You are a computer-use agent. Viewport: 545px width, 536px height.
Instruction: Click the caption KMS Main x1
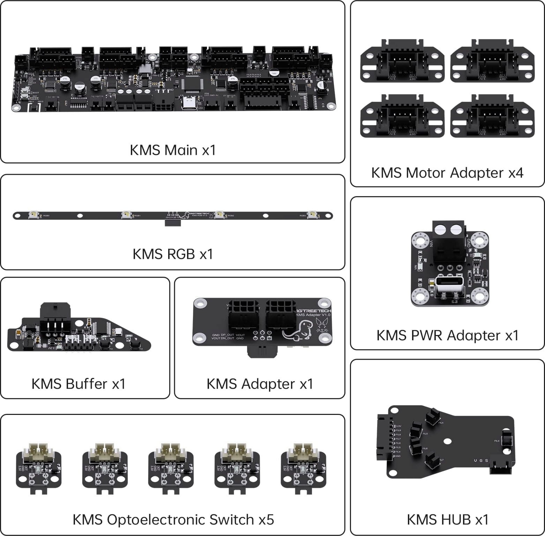pos(173,150)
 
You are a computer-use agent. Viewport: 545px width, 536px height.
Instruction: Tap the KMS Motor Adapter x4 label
pos(447,173)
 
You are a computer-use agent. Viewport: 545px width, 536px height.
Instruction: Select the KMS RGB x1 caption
pos(173,254)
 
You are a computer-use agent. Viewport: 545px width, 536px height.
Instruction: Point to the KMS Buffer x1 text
pos(79,384)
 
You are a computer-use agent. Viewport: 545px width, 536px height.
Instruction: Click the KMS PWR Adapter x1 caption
pos(447,335)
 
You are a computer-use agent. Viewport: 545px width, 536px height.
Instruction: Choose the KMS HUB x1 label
pos(447,520)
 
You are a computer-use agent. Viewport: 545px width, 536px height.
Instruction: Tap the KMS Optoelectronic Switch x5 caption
pos(173,520)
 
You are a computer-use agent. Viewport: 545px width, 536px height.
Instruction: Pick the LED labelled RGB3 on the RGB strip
pos(311,215)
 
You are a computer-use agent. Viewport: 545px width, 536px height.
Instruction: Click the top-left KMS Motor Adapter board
pos(402,61)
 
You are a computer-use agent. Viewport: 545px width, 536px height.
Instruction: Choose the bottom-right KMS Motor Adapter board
pos(492,116)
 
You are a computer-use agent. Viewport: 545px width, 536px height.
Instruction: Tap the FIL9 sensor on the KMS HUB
pos(506,439)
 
